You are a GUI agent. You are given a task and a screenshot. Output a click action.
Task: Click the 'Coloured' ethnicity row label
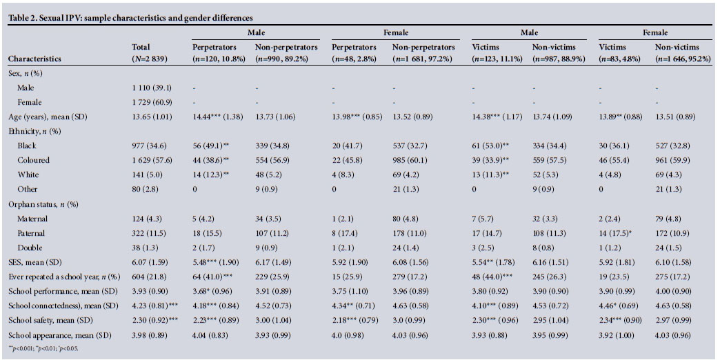(x=34, y=160)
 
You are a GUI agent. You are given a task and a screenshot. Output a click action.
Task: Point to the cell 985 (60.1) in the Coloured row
(x=412, y=160)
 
